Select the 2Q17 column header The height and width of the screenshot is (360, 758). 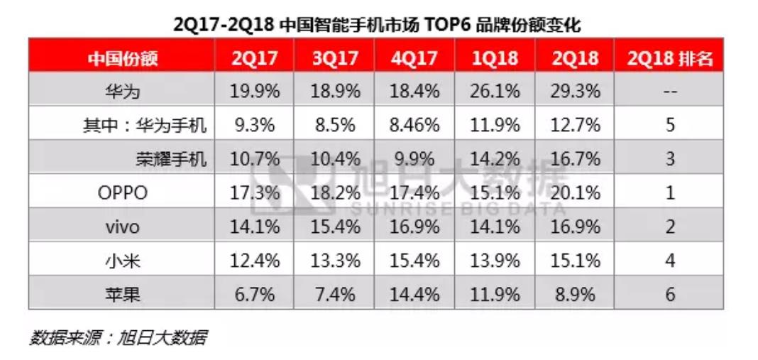(x=255, y=58)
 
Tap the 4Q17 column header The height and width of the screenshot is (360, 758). (x=414, y=58)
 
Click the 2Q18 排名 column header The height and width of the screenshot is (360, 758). (x=669, y=58)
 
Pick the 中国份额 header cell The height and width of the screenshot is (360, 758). (x=122, y=58)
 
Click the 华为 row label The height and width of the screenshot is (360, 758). (x=122, y=92)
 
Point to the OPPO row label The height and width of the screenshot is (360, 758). (x=122, y=192)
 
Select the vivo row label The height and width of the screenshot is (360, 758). (x=122, y=227)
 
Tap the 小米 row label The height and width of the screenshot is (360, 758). (x=122, y=261)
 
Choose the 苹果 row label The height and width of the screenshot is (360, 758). (x=122, y=294)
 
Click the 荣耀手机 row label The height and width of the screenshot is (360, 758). (x=171, y=159)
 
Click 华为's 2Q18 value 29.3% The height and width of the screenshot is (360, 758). (x=576, y=92)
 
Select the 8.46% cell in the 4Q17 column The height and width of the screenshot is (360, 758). (x=414, y=126)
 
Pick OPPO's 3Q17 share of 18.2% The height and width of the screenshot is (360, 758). (x=334, y=192)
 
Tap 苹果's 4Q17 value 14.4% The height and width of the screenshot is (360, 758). (x=414, y=294)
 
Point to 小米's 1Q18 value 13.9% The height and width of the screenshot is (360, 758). (x=495, y=261)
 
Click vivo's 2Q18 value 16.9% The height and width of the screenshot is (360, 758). (x=576, y=227)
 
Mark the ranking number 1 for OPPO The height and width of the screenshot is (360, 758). (x=669, y=192)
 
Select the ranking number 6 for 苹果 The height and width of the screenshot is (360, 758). (x=669, y=294)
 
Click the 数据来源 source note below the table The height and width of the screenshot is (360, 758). (x=118, y=337)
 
